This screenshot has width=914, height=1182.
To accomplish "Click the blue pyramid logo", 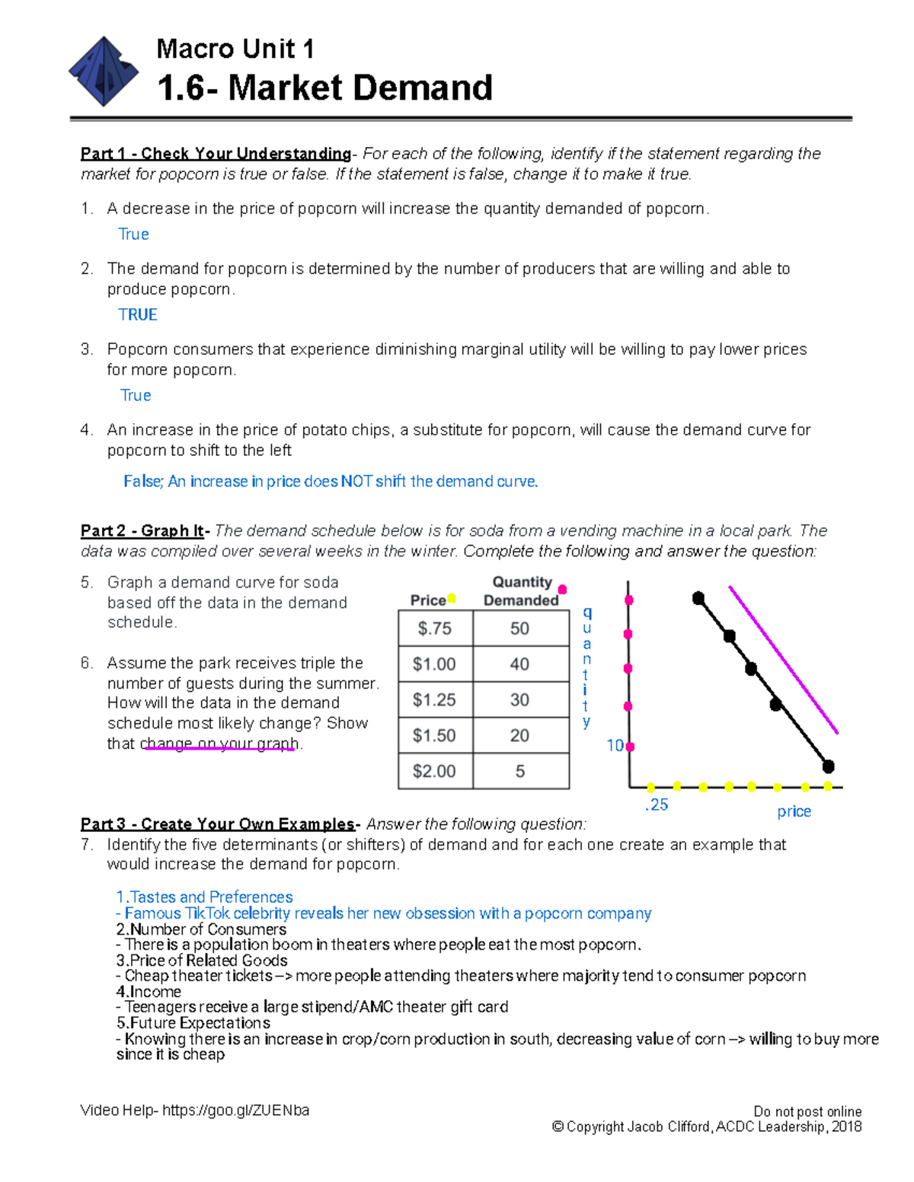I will coord(104,72).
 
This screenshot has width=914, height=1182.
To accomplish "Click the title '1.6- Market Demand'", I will coord(324,88).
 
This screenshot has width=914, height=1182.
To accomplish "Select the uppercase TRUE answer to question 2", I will coord(138,314).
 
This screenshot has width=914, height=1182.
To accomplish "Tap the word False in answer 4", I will coord(142,481).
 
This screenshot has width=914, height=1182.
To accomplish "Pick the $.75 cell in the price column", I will coord(435,629).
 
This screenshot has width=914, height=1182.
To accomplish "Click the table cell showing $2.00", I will coord(434,771).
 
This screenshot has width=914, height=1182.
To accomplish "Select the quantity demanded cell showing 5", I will coord(520,771).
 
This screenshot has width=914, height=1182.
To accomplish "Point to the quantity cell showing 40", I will coord(520,664).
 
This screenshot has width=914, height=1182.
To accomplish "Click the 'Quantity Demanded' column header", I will coord(522,591).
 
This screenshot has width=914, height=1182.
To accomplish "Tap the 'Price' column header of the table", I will coord(428,601).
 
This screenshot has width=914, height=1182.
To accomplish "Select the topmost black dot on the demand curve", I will coord(698,598).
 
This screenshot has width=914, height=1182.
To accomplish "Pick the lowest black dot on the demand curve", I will coord(829,766).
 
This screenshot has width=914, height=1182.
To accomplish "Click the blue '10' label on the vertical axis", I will coord(615,746).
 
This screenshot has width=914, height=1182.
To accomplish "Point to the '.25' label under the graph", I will coord(656,805).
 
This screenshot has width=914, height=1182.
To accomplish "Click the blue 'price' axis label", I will coord(794,811).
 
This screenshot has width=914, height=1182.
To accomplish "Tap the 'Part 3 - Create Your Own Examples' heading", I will coord(218,824).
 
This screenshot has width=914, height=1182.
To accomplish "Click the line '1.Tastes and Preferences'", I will coord(204,897).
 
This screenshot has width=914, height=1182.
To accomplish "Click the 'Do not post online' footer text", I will coord(807,1111).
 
